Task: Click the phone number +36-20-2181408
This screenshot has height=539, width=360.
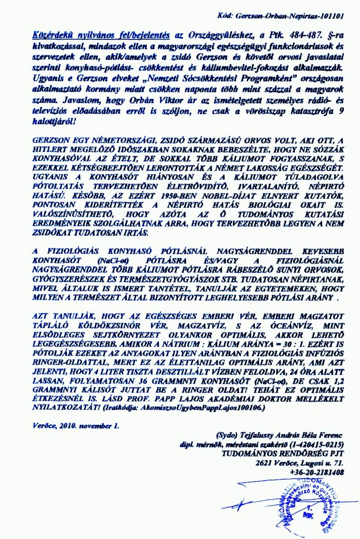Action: point(318,471)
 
